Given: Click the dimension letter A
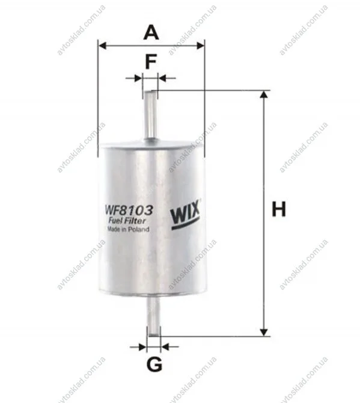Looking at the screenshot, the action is coord(151,32).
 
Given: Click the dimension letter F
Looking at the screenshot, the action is coord(151,62).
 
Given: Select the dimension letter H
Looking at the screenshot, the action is coord(279,209).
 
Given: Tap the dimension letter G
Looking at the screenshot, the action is coord(154,364).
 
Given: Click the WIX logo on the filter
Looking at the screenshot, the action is coord(185,215).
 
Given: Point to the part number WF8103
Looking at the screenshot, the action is coord(129,211).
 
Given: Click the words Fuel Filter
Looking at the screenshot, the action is coord(127,221).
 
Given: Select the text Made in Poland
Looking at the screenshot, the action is coord(128,229).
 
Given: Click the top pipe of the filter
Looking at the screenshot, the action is coord(150,115).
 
